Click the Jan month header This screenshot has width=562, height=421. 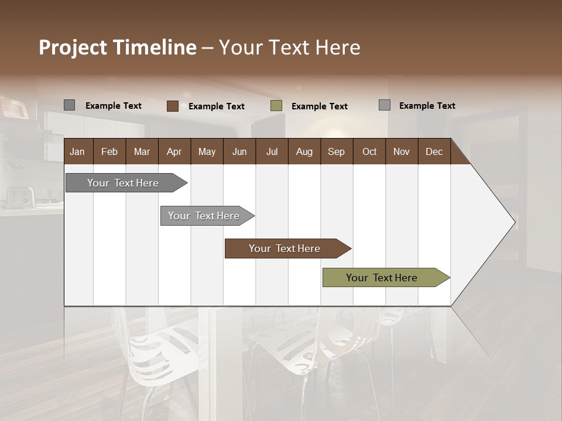tap(77, 151)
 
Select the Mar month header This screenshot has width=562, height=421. tap(142, 151)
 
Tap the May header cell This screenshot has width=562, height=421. tap(207, 151)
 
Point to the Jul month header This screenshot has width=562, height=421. tap(272, 151)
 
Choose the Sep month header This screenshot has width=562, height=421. tap(336, 151)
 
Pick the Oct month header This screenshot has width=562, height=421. tap(369, 151)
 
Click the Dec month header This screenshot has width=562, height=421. tap(434, 151)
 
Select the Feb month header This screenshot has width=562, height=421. tap(109, 151)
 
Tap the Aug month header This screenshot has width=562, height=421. tap(304, 151)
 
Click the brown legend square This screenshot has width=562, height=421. tap(172, 106)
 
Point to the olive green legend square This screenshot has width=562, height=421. tap(276, 106)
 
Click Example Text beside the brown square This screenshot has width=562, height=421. tap(216, 106)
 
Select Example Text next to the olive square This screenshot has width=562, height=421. tap(319, 106)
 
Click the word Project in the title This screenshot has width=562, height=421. tap(73, 47)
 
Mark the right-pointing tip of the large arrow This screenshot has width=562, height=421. tap(515, 222)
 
